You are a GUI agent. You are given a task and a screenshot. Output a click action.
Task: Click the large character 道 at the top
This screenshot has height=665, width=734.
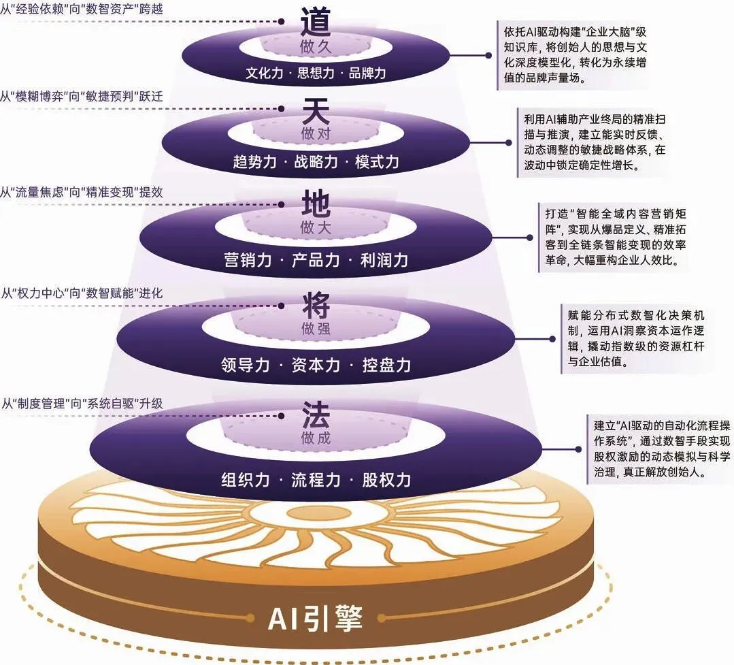point(316,22)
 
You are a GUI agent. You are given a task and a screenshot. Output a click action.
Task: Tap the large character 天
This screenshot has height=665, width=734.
point(316,111)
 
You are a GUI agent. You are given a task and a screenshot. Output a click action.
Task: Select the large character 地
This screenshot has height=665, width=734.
point(316,204)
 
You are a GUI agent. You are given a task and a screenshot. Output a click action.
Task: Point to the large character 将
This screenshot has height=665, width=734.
point(316,306)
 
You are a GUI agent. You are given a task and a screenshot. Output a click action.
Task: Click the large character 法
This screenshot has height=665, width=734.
point(316,415)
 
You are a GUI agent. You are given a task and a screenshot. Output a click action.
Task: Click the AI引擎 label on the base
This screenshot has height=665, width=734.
point(316,618)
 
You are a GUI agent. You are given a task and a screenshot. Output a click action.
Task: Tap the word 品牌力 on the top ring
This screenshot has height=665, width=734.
point(367,73)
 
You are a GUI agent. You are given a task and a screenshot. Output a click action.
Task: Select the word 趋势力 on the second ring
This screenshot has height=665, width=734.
point(254,162)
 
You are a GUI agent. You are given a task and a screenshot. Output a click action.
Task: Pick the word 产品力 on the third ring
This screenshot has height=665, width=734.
point(316,260)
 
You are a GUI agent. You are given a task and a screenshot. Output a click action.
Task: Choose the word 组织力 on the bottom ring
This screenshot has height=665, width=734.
point(246,480)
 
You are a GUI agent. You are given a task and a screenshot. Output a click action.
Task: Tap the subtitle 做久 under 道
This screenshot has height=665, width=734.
point(316,47)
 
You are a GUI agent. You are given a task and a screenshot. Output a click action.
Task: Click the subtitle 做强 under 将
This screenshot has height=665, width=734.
point(316,328)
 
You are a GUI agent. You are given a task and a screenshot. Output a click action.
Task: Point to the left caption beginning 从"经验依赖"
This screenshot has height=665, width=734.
point(82,9)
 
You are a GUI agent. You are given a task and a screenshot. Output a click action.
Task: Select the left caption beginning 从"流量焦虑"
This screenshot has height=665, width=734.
point(82,192)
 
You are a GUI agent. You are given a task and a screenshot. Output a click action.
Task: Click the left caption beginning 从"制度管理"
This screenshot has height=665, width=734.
point(82,403)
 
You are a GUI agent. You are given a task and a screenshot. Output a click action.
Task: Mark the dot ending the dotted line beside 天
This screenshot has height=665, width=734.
point(282,109)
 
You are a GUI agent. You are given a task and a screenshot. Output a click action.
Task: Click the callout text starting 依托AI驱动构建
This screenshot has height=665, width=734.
point(575,54)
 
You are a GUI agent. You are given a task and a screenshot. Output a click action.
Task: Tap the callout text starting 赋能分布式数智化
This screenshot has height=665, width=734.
point(635,338)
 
